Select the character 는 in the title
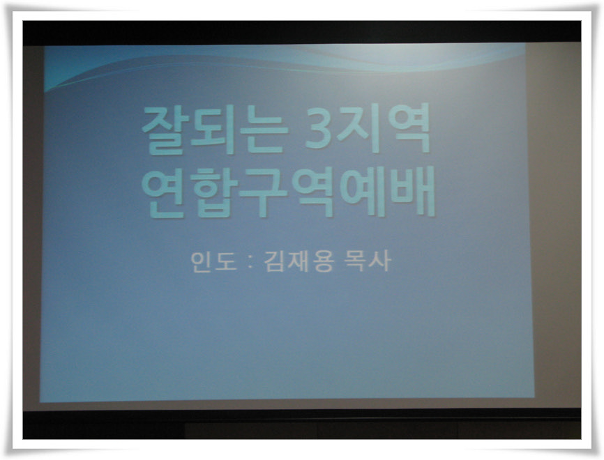coord(263,130)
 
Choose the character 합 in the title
coord(213,193)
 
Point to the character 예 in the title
coord(361,192)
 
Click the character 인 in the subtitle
coord(202,262)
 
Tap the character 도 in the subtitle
coord(226,262)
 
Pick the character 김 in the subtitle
coord(274,262)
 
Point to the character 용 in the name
coord(323,262)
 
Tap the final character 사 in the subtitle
coord(380,261)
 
